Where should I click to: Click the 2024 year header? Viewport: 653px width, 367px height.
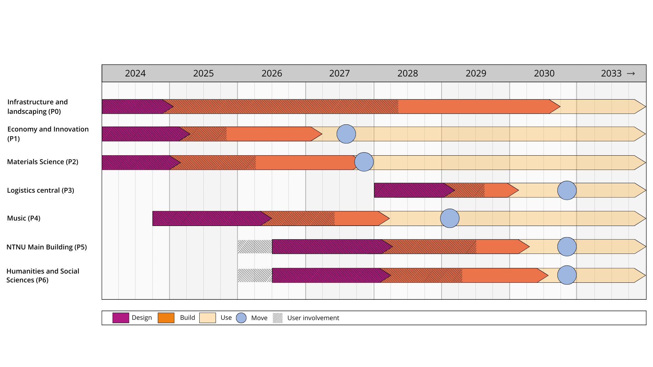pos(135,73)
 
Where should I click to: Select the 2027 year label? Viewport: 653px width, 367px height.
pos(339,73)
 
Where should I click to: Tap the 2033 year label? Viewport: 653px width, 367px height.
pos(611,73)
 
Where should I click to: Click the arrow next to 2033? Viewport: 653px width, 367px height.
pos(631,73)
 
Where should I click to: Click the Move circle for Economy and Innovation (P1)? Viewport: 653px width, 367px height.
pos(346,134)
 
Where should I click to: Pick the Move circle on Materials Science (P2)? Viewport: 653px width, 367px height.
pos(364,162)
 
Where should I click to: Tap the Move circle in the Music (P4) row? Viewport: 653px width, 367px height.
pos(450,218)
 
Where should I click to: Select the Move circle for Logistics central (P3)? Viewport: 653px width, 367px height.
pos(567,190)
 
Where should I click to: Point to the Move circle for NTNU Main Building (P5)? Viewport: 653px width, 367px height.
pos(567,247)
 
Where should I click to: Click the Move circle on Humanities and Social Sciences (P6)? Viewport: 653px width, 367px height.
pos(567,275)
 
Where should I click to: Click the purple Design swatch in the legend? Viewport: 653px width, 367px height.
pos(121,318)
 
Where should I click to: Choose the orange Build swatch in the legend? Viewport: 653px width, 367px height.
pos(166,318)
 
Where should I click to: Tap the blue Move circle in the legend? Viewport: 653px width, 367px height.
pos(241,318)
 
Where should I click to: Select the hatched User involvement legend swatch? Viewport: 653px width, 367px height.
pos(278,318)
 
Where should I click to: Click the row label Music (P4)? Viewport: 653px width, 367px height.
pos(24,218)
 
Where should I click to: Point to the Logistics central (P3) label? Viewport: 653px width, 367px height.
pos(40,190)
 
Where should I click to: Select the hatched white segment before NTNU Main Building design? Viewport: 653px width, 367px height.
pos(255,247)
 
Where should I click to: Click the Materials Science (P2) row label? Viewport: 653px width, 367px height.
pos(43,162)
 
